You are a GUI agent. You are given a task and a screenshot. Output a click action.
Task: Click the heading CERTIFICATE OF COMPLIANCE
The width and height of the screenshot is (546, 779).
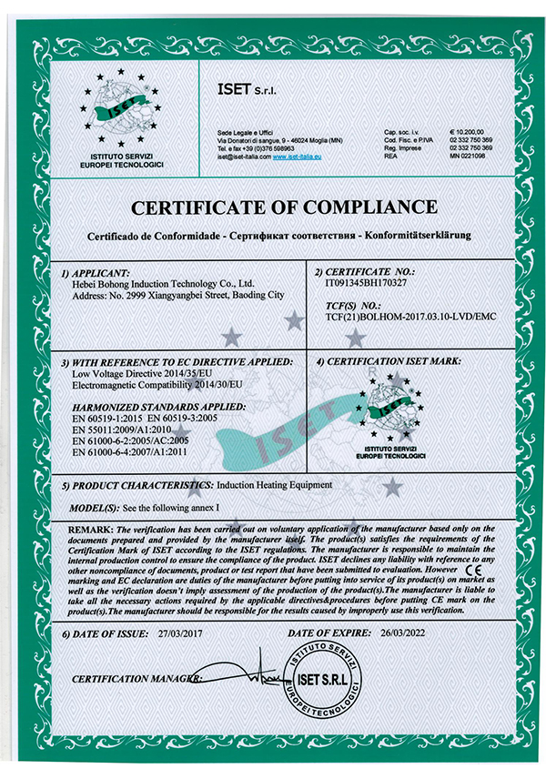click(x=272, y=207)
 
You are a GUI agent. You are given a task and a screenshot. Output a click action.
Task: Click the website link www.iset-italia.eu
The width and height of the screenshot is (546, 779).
click(x=298, y=157)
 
